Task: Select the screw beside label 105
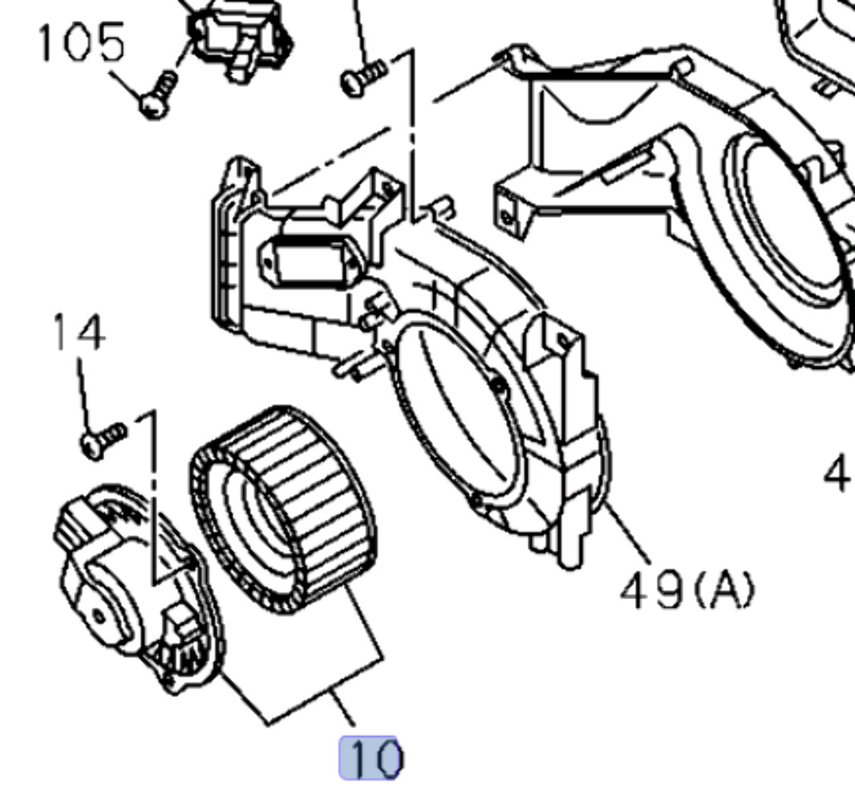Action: tap(157, 94)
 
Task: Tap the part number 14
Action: tap(79, 332)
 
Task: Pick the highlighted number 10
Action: tap(370, 758)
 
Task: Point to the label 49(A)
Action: tap(687, 591)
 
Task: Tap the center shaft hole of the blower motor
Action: tap(98, 617)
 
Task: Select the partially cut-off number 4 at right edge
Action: tap(838, 473)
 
